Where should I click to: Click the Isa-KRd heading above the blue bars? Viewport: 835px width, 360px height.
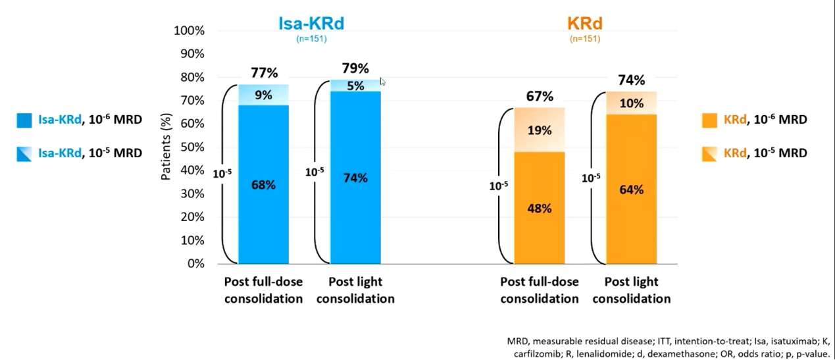click(x=311, y=24)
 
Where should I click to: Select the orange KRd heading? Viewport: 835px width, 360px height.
click(x=584, y=24)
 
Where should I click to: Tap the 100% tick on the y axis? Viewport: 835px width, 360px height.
click(x=189, y=31)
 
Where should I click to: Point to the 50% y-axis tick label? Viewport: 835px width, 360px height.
click(x=191, y=147)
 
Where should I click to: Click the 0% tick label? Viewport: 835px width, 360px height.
click(x=195, y=264)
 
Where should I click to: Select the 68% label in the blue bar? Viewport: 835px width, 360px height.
click(x=263, y=185)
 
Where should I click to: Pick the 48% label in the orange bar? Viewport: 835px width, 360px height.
click(x=539, y=208)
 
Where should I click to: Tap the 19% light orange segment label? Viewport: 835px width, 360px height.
click(x=539, y=130)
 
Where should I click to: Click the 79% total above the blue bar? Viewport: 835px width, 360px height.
click(x=355, y=68)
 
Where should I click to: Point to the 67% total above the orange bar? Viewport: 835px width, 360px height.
click(x=539, y=97)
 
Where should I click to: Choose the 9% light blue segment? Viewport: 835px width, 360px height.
click(x=263, y=95)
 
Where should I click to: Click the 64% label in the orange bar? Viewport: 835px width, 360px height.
click(x=631, y=190)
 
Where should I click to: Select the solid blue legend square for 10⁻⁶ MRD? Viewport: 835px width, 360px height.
click(x=24, y=120)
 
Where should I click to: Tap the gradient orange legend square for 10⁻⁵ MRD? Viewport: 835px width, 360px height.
click(x=709, y=153)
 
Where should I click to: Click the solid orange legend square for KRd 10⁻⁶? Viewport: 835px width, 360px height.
click(x=709, y=120)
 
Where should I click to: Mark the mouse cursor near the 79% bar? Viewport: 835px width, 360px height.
click(x=382, y=82)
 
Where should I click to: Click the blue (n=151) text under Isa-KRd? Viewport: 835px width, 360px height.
click(x=311, y=39)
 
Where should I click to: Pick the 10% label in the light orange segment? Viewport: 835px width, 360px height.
click(x=631, y=103)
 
